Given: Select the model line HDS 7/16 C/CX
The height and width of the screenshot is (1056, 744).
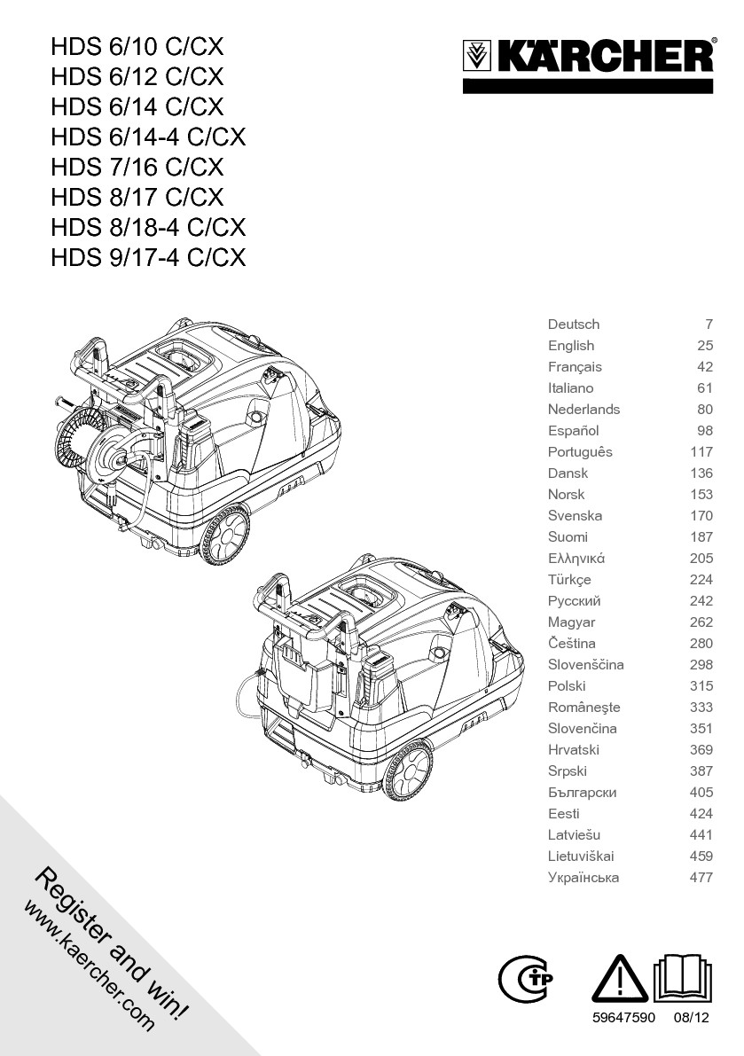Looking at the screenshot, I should (137, 167).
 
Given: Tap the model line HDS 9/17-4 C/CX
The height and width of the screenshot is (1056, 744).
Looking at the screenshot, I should (148, 257).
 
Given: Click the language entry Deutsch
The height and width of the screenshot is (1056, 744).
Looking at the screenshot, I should (573, 325).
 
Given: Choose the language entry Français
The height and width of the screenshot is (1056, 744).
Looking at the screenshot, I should (575, 367).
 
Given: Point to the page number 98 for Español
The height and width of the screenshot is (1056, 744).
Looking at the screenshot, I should (705, 431).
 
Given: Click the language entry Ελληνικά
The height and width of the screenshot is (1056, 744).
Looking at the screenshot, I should (576, 559).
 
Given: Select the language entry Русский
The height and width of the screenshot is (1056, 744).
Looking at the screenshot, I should (574, 601).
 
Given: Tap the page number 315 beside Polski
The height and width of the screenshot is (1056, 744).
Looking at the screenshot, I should (701, 686).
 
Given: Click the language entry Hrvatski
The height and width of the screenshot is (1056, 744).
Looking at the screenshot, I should (574, 750).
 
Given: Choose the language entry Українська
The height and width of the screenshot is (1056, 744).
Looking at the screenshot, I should (583, 878).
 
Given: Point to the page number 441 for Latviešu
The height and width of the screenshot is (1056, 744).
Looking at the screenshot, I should (701, 835).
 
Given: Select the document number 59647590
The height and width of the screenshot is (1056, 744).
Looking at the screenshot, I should (623, 1019).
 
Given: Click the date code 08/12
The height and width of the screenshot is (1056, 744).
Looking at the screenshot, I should (692, 1019).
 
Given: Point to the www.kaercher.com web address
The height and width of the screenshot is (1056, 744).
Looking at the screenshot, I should (89, 967).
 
